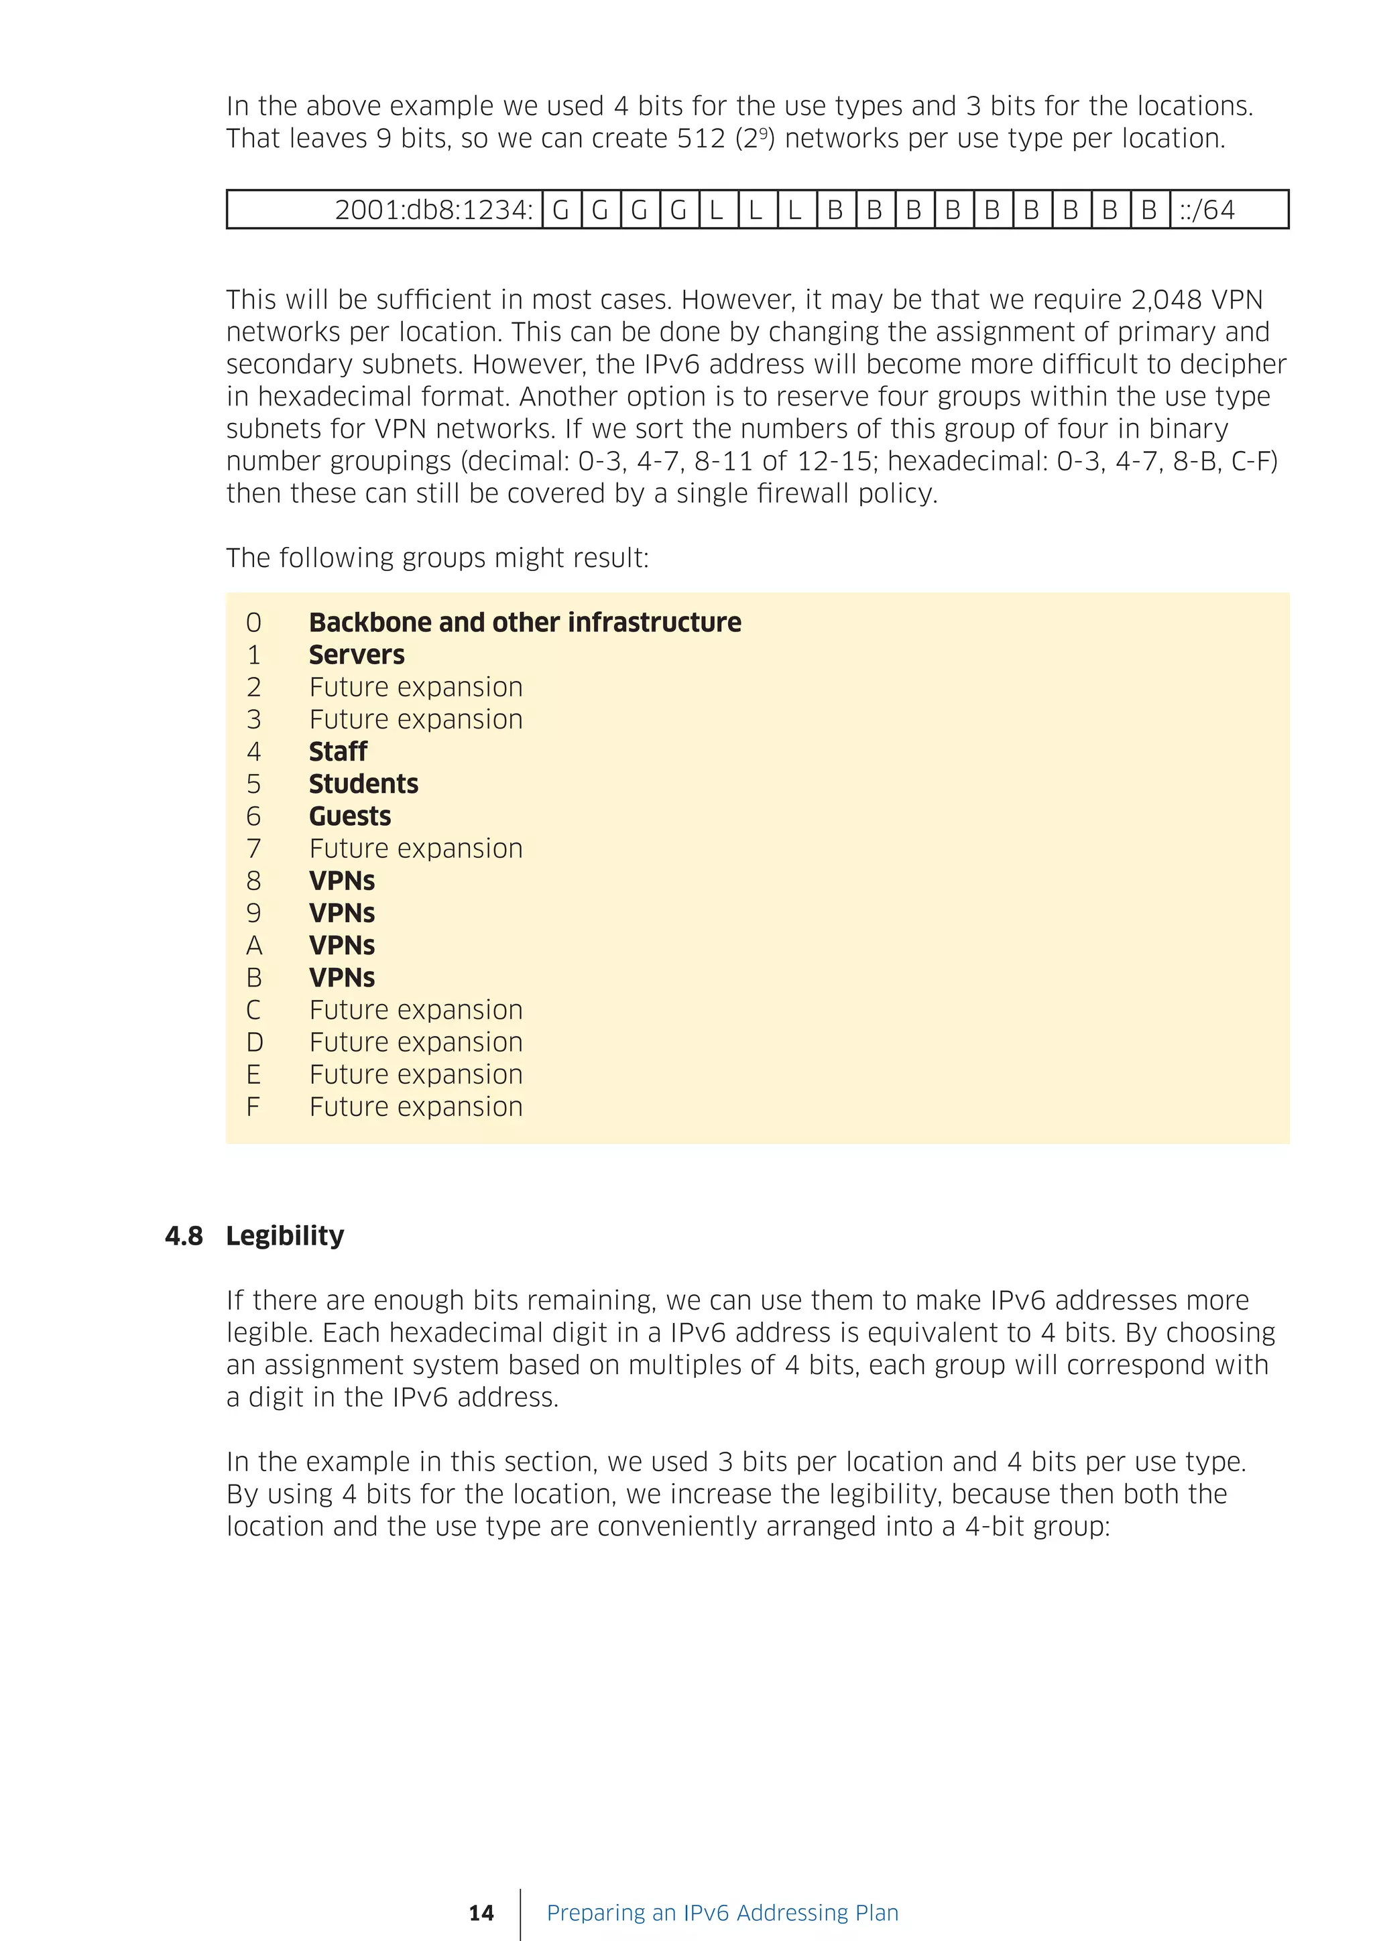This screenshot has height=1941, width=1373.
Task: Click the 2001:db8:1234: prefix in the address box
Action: (x=434, y=210)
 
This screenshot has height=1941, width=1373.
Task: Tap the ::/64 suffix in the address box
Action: (x=1207, y=210)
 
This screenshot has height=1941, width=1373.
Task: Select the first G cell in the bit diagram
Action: (x=560, y=210)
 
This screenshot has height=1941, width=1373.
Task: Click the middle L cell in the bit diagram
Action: (x=756, y=210)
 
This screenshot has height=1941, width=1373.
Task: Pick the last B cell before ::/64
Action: (x=1149, y=210)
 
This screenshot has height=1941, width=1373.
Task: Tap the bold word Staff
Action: (x=337, y=751)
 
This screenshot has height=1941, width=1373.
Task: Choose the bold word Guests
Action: (x=349, y=816)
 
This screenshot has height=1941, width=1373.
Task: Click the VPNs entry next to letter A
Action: (x=341, y=945)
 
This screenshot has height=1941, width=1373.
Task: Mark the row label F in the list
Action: (x=253, y=1107)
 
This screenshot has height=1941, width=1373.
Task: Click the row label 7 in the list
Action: (x=253, y=848)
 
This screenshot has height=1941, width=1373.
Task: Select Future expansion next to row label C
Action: (x=415, y=1009)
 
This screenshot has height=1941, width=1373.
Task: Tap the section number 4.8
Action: (x=184, y=1236)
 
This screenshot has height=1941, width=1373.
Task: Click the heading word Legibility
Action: (x=285, y=1236)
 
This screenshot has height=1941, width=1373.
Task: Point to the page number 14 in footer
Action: (x=481, y=1913)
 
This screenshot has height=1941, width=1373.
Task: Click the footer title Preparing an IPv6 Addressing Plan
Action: (x=722, y=1912)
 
